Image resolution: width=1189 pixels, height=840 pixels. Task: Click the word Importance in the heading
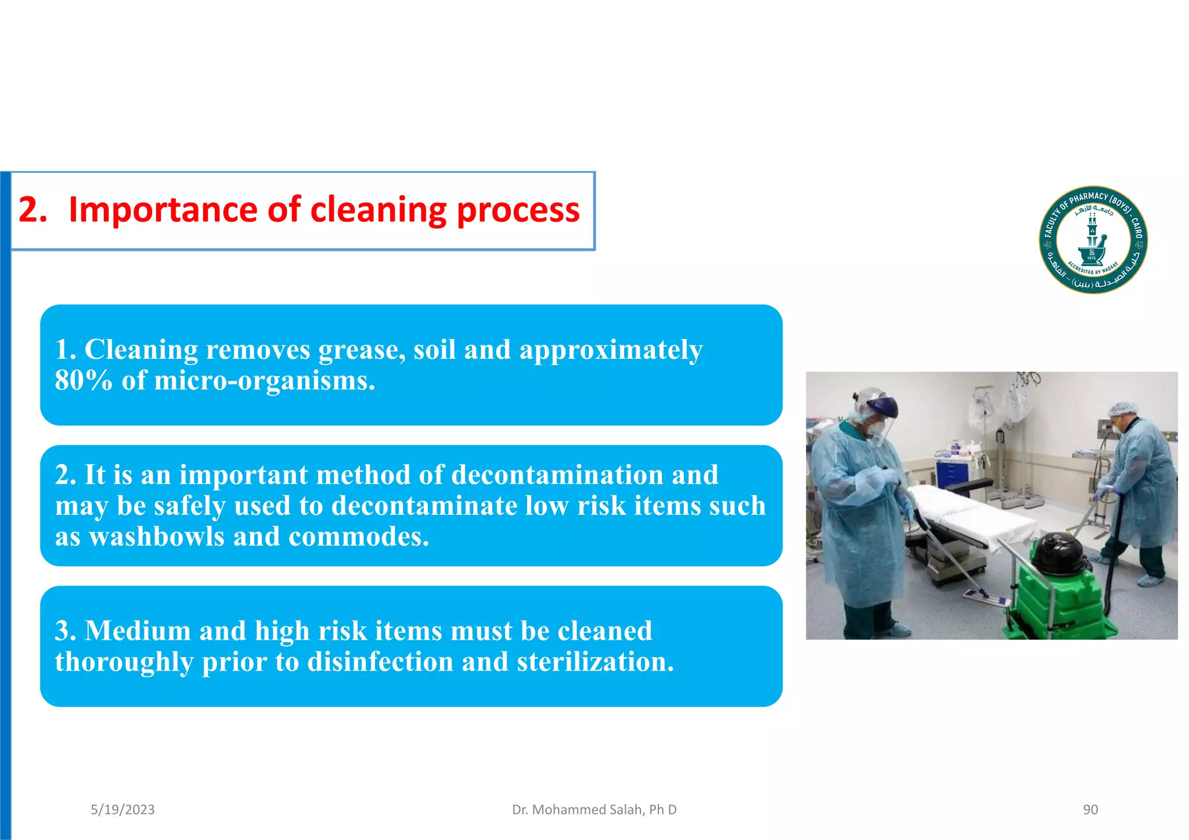(163, 210)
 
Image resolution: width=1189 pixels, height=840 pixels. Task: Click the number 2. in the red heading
(33, 210)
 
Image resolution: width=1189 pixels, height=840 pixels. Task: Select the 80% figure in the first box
(84, 381)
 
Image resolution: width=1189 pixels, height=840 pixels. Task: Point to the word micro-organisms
(264, 381)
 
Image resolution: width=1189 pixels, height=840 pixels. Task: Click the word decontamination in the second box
(556, 475)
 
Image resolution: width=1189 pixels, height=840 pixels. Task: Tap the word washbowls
(157, 536)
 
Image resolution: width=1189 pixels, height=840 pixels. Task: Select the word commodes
(358, 536)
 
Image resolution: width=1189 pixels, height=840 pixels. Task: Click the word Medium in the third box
(138, 631)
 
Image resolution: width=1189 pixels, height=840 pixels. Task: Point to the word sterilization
(595, 662)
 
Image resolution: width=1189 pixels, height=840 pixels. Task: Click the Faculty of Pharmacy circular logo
(1093, 240)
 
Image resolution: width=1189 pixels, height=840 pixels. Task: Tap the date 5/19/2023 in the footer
(122, 810)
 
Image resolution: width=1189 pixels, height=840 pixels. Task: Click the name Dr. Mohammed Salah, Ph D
(594, 810)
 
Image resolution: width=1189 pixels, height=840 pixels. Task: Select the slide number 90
(1090, 810)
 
